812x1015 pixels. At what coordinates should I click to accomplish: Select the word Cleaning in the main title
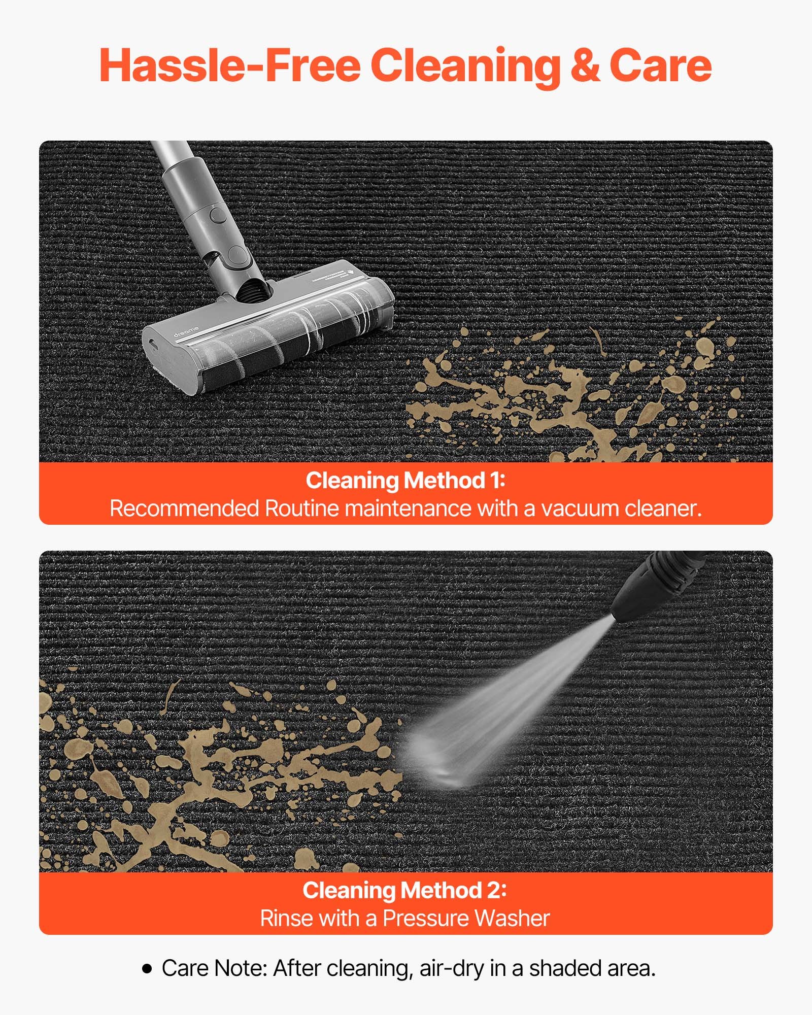point(465,67)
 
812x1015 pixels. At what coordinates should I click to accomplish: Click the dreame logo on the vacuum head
point(186,331)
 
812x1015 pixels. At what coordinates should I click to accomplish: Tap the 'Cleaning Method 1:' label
point(405,480)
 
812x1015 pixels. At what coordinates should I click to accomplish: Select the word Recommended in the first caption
point(185,509)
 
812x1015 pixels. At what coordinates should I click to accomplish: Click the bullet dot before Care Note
point(147,969)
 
